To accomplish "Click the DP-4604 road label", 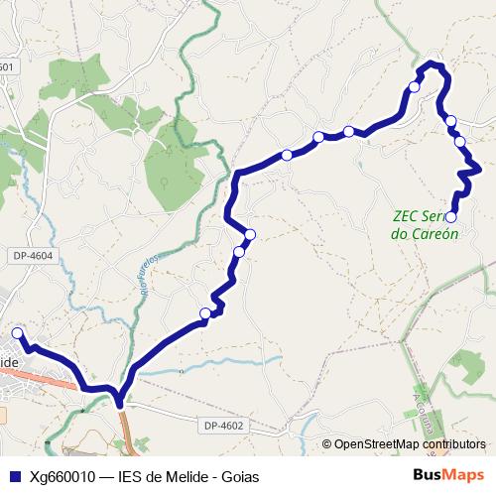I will [33, 257].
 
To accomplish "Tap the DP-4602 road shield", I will [224, 426].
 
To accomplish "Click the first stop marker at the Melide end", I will [17, 333].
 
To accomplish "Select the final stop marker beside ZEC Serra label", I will [450, 216].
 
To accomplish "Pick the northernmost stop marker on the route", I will [415, 86].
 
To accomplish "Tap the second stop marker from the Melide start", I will [205, 313].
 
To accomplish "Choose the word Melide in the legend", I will [187, 476].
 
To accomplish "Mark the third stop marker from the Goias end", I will [451, 121].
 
